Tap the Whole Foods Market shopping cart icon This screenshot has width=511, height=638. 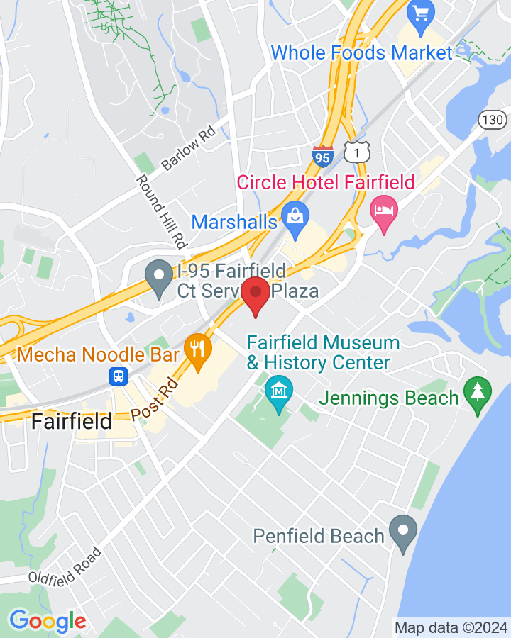[x=421, y=13]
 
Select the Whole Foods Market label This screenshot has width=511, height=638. [x=361, y=52]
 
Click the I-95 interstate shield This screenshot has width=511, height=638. [x=322, y=157]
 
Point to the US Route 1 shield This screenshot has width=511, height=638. [x=356, y=150]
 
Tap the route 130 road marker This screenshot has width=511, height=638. [x=491, y=119]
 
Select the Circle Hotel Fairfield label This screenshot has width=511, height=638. [x=326, y=182]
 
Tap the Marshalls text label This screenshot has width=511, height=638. [x=233, y=222]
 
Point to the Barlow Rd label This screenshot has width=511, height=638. [x=187, y=150]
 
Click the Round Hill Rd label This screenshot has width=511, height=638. [x=160, y=211]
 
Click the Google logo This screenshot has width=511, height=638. [x=47, y=622]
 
